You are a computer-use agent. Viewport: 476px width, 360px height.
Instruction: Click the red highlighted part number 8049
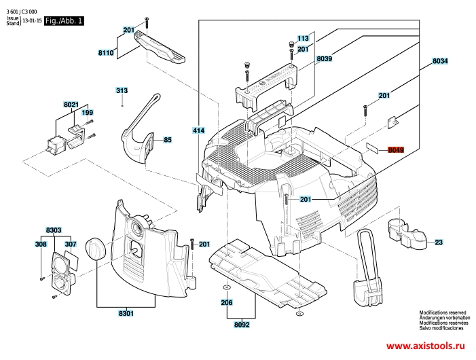coord(396,150)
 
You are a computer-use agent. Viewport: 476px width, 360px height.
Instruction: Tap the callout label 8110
coord(106,52)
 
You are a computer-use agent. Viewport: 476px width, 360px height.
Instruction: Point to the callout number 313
coord(122,91)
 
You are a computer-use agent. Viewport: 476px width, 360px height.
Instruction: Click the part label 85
coord(168,141)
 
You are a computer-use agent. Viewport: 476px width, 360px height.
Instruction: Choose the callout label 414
coord(198,130)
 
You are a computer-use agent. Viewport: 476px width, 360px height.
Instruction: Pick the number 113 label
coord(303,39)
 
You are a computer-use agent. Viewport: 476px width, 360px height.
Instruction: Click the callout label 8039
coord(324,60)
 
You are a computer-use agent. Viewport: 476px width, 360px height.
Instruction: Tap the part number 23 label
coord(439,242)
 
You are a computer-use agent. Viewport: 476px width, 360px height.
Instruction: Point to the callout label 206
coord(227,302)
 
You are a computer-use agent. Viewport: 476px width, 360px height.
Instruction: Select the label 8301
coord(126,314)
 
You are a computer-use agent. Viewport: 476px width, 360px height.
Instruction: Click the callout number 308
coord(41,244)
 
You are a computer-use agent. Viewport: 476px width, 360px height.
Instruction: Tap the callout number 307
coord(70,244)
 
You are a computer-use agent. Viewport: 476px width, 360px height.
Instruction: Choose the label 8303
coord(54,231)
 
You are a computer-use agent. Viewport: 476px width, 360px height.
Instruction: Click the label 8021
coord(71,105)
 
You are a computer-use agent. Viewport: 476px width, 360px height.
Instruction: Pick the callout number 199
coord(88,112)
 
